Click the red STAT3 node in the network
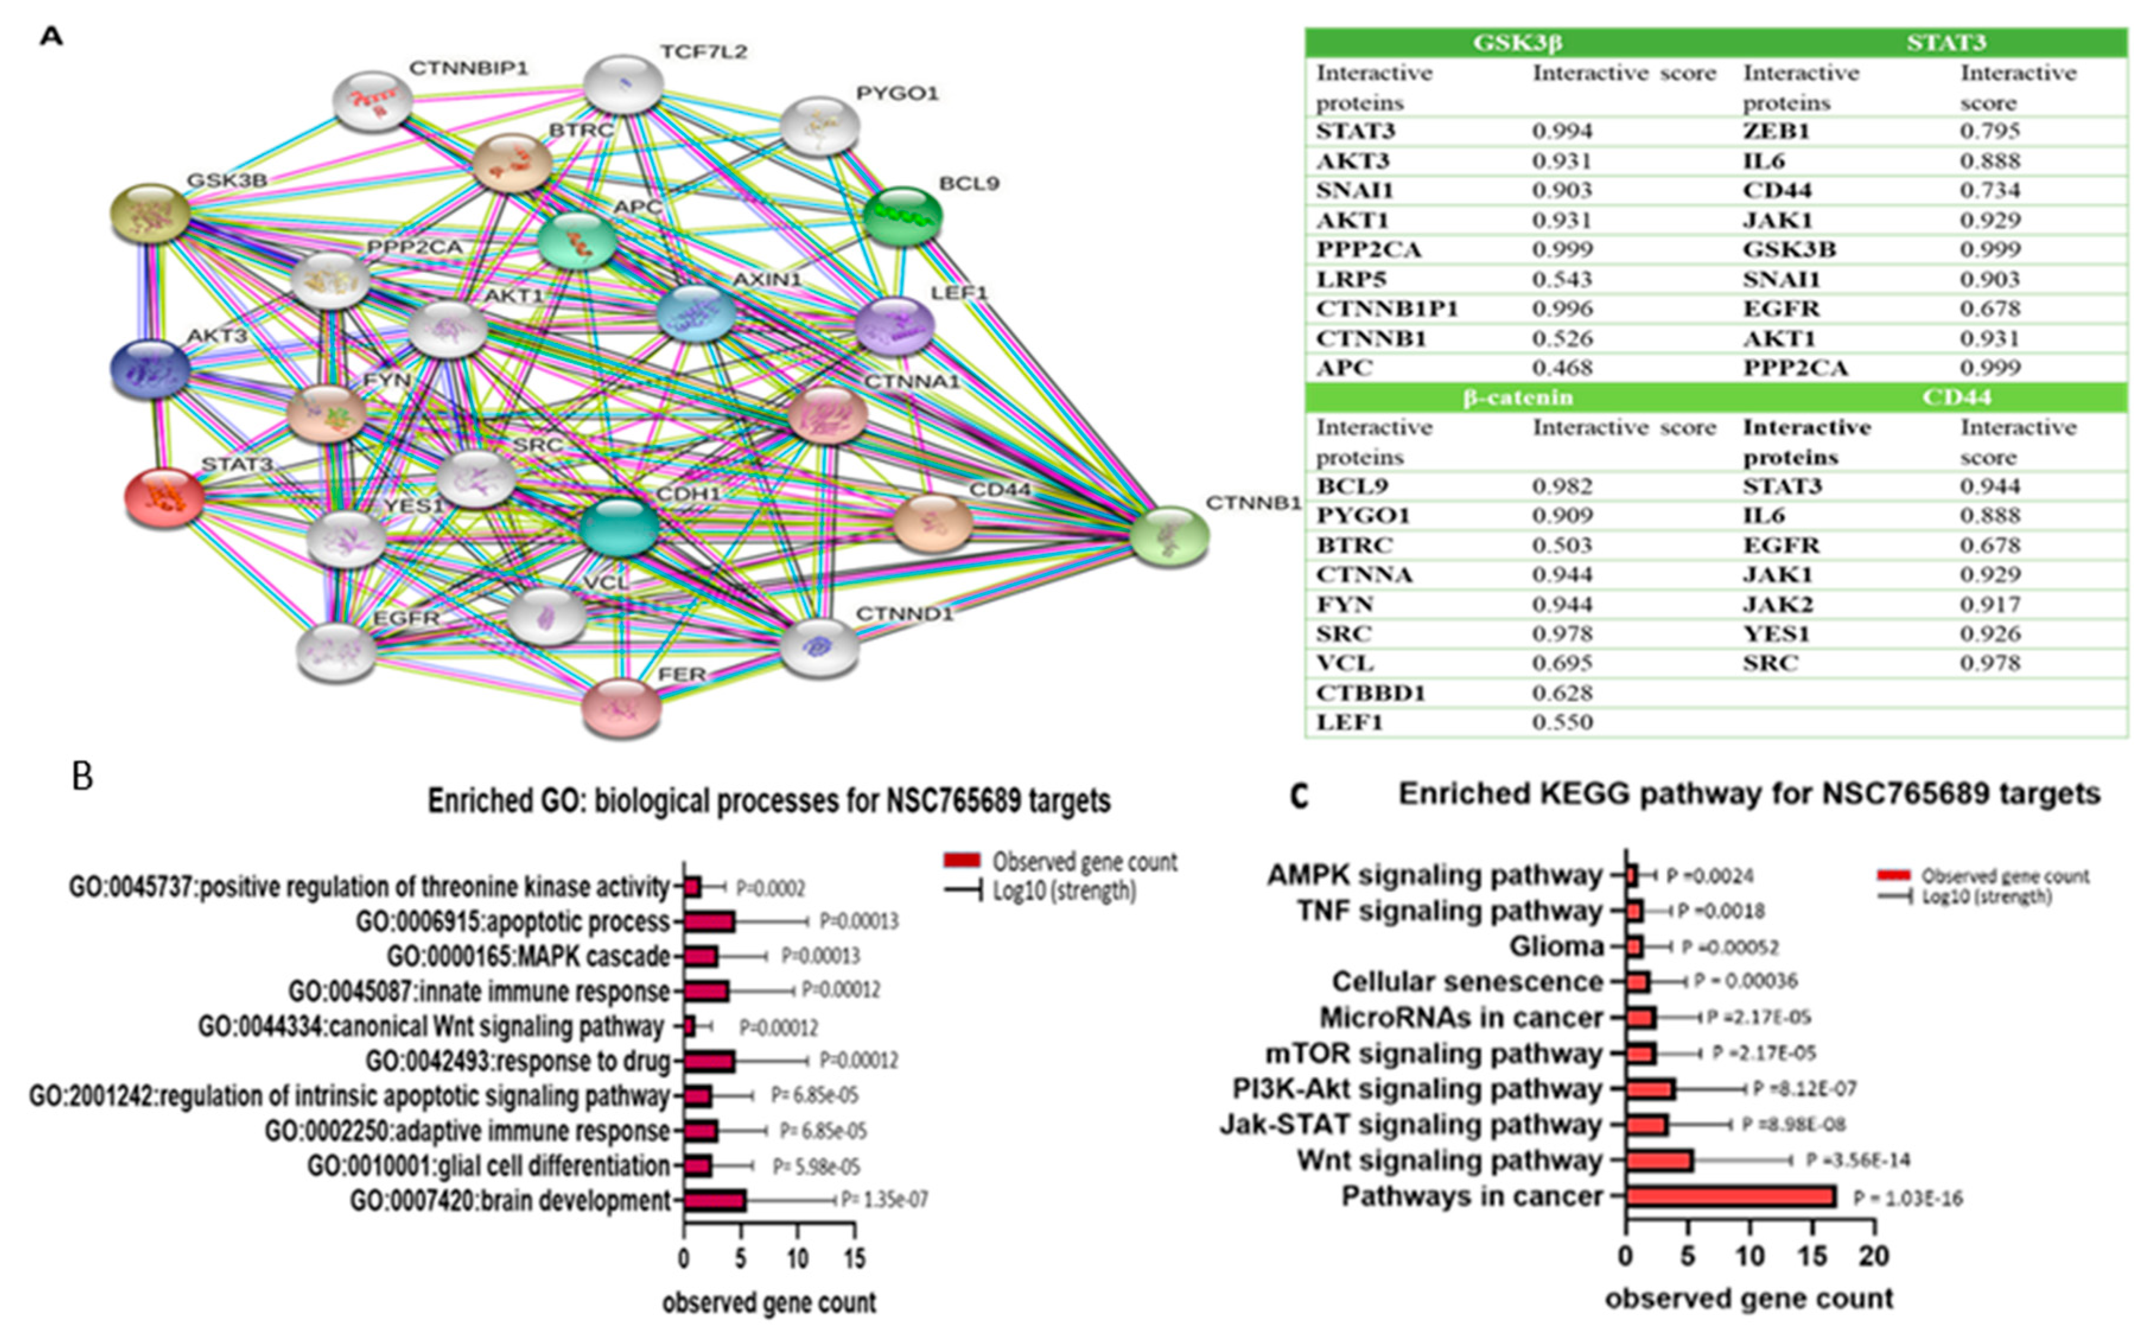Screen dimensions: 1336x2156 (x=164, y=498)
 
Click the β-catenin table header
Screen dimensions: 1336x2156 (x=1518, y=397)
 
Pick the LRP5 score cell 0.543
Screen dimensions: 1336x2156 (x=1562, y=279)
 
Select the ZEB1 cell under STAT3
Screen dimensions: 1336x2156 (x=1776, y=131)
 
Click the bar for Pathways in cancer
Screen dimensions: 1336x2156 (x=1730, y=1197)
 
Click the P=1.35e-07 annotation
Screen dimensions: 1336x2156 (x=883, y=1199)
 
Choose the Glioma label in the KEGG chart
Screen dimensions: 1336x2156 (x=1556, y=946)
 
